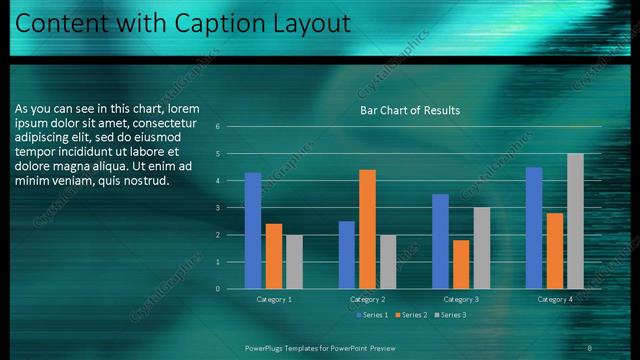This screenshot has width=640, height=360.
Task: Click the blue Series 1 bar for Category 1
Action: [x=253, y=231]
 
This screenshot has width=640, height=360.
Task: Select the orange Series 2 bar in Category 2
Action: [x=367, y=229]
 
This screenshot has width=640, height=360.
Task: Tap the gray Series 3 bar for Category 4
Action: [x=575, y=221]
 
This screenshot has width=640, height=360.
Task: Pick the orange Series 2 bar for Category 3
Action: [x=461, y=264]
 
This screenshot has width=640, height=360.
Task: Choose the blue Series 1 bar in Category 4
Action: [x=534, y=228]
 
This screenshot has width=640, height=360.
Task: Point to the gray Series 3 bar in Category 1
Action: [x=294, y=262]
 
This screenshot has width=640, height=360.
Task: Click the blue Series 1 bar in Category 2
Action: [x=346, y=255]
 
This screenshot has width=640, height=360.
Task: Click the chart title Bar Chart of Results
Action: [x=409, y=110]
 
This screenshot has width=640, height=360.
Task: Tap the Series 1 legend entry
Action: [x=374, y=315]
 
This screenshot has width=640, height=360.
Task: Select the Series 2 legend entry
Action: [x=414, y=315]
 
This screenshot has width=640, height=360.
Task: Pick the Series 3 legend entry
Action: [x=452, y=315]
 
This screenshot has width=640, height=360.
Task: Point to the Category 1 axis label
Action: [x=274, y=299]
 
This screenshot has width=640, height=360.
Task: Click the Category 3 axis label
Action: [x=461, y=299]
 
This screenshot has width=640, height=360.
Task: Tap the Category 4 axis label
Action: [x=555, y=299]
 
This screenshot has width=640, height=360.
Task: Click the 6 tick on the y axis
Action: [x=231, y=127]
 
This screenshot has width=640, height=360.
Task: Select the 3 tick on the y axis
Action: [x=231, y=208]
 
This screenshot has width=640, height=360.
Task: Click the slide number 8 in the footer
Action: [x=589, y=347]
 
